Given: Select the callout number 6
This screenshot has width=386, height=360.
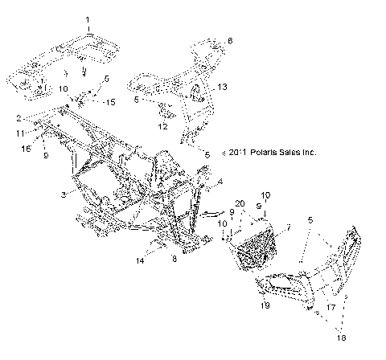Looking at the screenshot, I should [x=229, y=40].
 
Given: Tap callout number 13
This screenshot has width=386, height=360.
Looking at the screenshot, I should [x=223, y=86].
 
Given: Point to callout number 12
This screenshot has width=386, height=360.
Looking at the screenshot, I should [x=162, y=126].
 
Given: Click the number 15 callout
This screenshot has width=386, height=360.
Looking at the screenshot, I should [x=111, y=101].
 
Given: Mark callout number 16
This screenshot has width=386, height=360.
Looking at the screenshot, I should [x=25, y=149].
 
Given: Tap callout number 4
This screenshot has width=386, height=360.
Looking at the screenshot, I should [x=220, y=183].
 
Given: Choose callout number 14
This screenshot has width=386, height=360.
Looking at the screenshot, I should [x=142, y=261].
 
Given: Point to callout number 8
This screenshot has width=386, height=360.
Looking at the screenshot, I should [x=175, y=259].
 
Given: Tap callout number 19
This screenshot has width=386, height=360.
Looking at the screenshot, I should [x=264, y=307].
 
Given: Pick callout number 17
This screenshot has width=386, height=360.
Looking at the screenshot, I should [x=331, y=306].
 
